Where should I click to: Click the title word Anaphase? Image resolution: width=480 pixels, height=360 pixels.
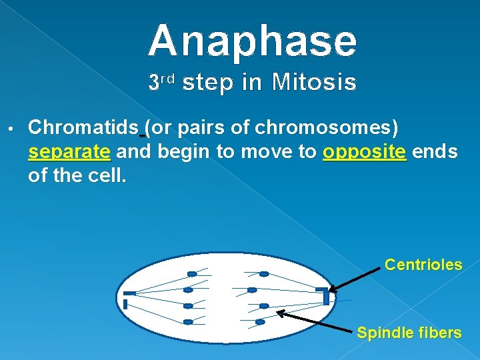point(253,41)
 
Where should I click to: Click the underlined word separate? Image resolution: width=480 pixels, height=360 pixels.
point(69,152)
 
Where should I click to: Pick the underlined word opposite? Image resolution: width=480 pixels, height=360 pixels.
point(364,152)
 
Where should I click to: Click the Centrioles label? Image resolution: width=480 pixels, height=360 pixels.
point(423,265)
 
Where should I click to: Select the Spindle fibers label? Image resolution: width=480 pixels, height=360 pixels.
point(409,333)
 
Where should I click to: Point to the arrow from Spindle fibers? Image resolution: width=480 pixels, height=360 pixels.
point(313,321)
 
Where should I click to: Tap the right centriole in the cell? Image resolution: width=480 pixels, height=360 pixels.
point(324,295)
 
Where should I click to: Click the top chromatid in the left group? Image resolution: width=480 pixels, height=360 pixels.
point(191,274)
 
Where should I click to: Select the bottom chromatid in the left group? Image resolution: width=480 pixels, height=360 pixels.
point(188,322)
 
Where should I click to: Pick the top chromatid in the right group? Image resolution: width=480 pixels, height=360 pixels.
point(264,274)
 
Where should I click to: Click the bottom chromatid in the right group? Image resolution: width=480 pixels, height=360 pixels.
point(259,321)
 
